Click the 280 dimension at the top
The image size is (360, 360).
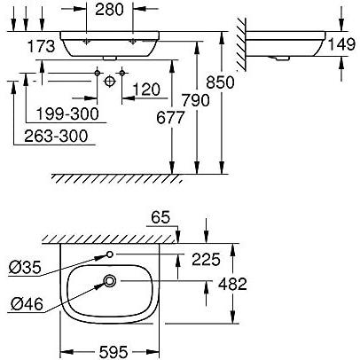109,10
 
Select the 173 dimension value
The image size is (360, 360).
42,46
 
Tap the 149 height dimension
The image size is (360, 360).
342,44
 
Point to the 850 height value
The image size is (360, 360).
220,82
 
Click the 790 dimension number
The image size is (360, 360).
195,100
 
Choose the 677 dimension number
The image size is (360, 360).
170,118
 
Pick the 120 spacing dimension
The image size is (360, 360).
146,90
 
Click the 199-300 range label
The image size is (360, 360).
67,113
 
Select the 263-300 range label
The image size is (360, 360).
56,136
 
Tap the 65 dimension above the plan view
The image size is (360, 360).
160,218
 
